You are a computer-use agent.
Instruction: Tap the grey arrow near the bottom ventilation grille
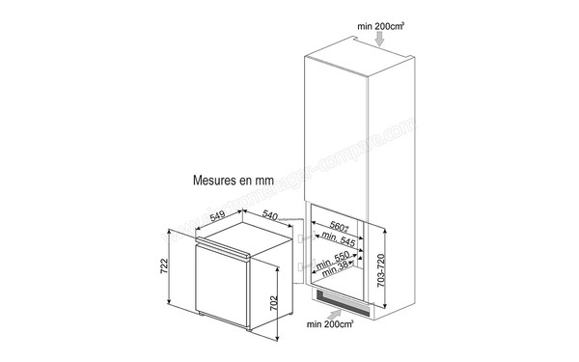coord(335,312)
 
